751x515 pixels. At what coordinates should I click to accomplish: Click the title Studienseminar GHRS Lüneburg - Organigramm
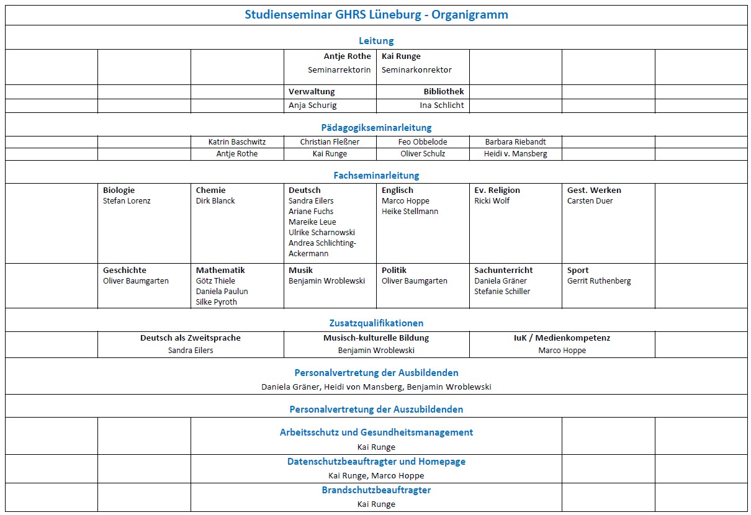point(376,15)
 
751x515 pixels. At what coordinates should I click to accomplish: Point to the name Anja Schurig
point(313,105)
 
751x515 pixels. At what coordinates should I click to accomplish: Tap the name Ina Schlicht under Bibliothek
point(442,105)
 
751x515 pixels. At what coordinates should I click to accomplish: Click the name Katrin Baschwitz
point(237,142)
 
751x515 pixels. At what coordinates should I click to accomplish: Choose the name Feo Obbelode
point(423,142)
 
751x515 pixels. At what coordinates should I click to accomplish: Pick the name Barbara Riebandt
point(515,142)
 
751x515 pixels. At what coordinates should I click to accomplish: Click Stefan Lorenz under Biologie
point(127,201)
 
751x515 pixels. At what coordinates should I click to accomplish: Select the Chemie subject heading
point(210,190)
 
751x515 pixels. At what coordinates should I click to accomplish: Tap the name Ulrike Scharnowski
point(322,233)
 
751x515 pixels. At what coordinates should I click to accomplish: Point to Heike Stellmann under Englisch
point(410,212)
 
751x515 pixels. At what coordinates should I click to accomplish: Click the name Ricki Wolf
point(492,201)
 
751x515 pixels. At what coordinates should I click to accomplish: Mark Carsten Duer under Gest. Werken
point(590,201)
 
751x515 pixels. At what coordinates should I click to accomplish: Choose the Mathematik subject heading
point(220,271)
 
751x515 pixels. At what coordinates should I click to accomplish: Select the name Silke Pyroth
point(216,302)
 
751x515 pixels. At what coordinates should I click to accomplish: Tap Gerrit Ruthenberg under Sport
point(598,281)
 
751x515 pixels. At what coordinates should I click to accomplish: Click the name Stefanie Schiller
point(502,292)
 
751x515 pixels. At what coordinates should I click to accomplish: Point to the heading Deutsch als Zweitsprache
point(190,338)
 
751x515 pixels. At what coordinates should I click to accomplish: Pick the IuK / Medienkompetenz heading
point(562,338)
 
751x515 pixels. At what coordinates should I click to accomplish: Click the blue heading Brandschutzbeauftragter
point(376,490)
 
